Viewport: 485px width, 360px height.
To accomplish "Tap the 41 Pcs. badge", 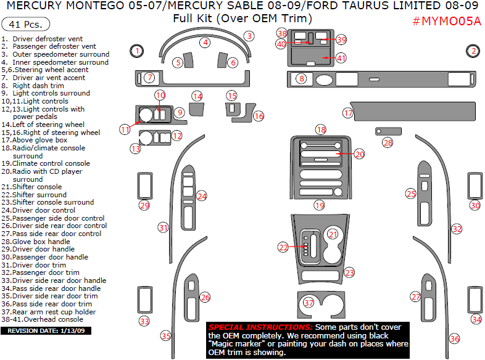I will pyautogui.click(x=26, y=25).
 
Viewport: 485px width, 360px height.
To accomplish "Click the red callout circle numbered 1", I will pyautogui.click(x=137, y=51).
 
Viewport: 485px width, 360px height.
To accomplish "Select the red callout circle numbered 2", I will pyautogui.click(x=473, y=51).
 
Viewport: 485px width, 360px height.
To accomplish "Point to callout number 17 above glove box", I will pyautogui.click(x=349, y=113).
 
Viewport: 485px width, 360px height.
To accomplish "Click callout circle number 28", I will pyautogui.click(x=388, y=142).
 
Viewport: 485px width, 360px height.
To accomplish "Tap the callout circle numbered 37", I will pyautogui.click(x=309, y=303).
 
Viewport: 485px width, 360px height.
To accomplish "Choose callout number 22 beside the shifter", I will pyautogui.click(x=283, y=247).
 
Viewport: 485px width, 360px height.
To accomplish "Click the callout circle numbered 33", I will pyautogui.click(x=144, y=321).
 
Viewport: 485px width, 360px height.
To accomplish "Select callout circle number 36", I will pyautogui.click(x=455, y=338).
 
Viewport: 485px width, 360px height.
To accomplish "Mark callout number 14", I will pyautogui.click(x=197, y=96).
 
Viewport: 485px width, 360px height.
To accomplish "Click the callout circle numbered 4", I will pyautogui.click(x=205, y=43).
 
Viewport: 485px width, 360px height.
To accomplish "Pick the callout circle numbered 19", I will pyautogui.click(x=320, y=205).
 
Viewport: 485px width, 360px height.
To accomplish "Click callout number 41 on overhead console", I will pyautogui.click(x=341, y=58).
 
